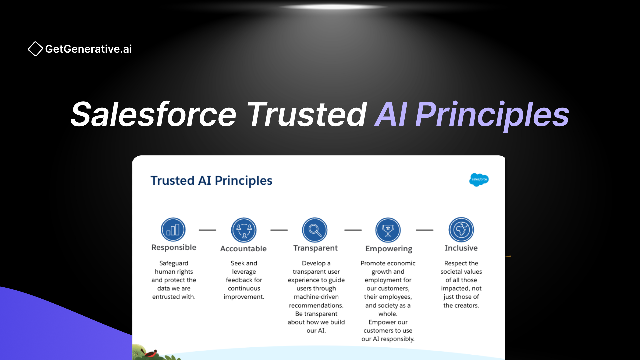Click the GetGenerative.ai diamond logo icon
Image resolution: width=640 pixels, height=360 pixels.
click(35, 49)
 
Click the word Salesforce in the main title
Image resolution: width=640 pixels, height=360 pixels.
click(153, 114)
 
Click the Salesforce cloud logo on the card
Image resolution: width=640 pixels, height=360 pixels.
click(479, 180)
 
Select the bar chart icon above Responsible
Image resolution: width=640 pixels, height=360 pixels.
click(173, 230)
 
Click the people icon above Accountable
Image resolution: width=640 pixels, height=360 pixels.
click(244, 230)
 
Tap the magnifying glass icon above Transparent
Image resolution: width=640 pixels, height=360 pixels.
click(315, 230)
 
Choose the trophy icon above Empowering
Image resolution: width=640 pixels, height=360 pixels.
click(388, 230)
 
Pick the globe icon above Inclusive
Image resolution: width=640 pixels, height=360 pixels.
click(461, 230)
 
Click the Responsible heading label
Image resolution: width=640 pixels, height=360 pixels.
click(174, 247)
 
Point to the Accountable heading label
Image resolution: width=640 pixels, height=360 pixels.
click(243, 249)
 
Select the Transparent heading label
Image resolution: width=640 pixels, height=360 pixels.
click(315, 248)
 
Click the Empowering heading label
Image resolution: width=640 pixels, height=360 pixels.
click(389, 249)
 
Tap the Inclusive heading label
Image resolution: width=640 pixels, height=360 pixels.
click(461, 248)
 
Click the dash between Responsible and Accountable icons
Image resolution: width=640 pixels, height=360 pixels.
click(207, 230)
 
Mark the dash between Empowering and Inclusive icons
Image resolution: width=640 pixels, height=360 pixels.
click(425, 230)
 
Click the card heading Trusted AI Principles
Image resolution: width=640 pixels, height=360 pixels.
click(211, 180)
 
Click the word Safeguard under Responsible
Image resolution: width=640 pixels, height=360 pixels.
click(174, 263)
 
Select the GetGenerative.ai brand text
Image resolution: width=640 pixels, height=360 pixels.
click(88, 49)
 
